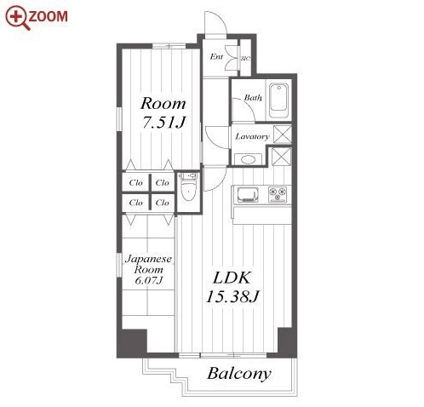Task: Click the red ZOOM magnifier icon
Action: [x=18, y=18]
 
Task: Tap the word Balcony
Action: [x=239, y=374]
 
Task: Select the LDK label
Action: [x=232, y=278]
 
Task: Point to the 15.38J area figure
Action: [x=232, y=297]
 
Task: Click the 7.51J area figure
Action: [x=163, y=123]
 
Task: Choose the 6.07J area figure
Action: [x=149, y=280]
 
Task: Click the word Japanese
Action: [x=148, y=259]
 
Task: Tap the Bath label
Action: [x=253, y=98]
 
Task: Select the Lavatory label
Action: [x=252, y=137]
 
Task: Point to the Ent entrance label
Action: [x=216, y=57]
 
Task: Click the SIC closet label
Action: [x=245, y=59]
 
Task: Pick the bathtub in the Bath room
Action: [x=279, y=100]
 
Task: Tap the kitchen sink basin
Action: [x=248, y=195]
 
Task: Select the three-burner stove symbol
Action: [x=278, y=195]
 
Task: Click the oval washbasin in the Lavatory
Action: [x=248, y=159]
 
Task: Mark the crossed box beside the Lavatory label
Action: [x=283, y=135]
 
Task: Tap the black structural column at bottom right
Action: [x=287, y=341]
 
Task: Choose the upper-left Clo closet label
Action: [x=135, y=183]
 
